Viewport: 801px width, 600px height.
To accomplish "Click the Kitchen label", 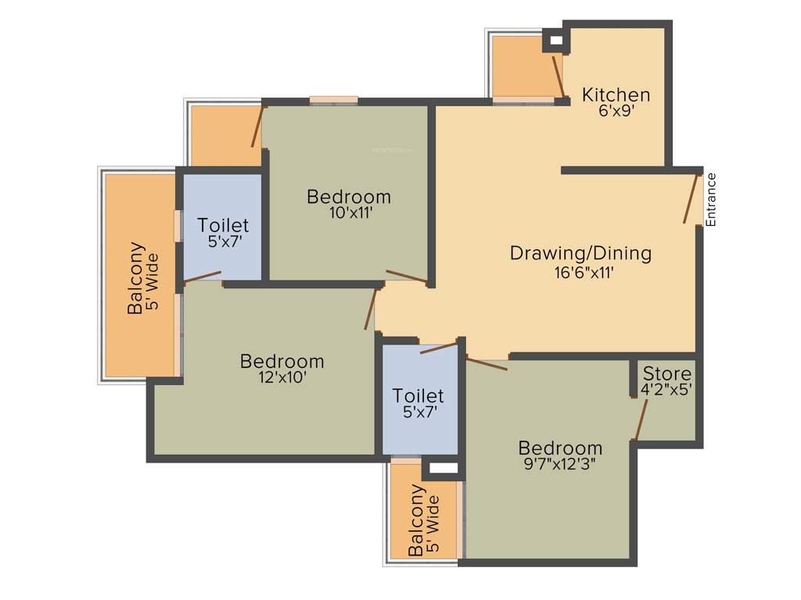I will click(x=616, y=95).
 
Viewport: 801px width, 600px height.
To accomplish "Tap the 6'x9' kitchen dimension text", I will click(x=616, y=112).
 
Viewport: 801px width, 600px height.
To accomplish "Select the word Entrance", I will click(x=711, y=199).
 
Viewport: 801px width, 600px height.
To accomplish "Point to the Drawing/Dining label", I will click(x=580, y=253).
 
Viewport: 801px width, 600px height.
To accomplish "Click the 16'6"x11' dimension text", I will click(x=580, y=273).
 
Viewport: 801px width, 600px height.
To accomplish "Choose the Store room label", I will click(x=666, y=373).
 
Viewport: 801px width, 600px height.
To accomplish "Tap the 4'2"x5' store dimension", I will click(x=666, y=389).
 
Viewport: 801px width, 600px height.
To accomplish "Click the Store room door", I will click(x=641, y=420).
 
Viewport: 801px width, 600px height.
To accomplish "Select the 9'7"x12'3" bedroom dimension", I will click(x=561, y=466).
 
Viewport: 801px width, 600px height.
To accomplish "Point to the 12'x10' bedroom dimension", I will click(x=282, y=378).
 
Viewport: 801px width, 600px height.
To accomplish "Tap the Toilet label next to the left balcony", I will click(x=223, y=226).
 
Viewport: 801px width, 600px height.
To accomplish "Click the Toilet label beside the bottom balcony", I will click(x=418, y=396).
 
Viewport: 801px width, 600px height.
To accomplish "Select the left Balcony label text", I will click(x=136, y=278).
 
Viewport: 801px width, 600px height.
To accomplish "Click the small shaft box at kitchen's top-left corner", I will click(x=555, y=41).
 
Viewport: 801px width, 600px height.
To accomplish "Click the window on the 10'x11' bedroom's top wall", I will click(x=333, y=100).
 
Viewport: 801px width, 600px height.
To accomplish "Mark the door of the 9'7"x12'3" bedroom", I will click(x=487, y=362).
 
